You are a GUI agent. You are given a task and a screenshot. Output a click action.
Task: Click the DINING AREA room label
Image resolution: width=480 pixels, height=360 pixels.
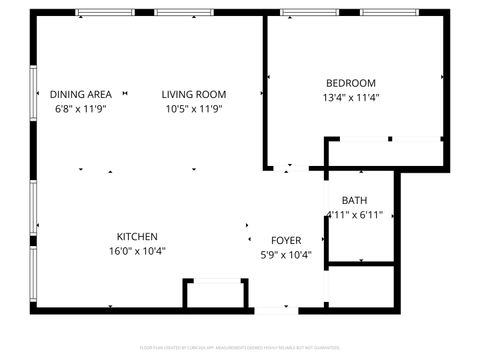(x=80, y=94)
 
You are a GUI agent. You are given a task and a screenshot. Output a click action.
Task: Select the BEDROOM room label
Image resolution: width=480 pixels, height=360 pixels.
(x=351, y=83)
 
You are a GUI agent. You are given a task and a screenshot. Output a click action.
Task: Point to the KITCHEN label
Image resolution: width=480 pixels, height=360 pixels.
(x=137, y=236)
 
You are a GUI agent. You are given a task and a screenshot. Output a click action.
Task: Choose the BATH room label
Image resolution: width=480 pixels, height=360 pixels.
(x=354, y=201)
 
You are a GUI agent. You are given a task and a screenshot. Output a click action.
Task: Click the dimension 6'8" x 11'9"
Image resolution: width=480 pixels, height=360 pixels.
(x=80, y=109)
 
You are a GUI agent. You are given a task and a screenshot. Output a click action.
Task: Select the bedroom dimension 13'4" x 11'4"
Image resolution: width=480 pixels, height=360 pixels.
(x=351, y=98)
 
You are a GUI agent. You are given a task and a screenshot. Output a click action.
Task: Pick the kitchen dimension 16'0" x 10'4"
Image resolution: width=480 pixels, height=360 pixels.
(x=137, y=251)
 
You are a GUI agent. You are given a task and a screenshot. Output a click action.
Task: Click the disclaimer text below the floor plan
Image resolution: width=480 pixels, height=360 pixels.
(x=240, y=349)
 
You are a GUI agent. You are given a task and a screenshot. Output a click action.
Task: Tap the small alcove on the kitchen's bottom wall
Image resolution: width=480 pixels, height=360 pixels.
(x=215, y=294)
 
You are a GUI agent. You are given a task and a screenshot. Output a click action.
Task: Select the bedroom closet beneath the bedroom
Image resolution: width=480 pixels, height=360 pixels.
(x=385, y=153)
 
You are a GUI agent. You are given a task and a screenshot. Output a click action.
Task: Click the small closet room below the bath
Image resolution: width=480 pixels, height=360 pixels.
(x=362, y=286)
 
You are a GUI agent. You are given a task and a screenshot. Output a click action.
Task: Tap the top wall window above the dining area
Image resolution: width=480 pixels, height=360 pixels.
(x=106, y=12)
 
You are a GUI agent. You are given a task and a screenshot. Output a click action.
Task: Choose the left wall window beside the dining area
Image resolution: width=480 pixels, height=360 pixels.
(x=34, y=90)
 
